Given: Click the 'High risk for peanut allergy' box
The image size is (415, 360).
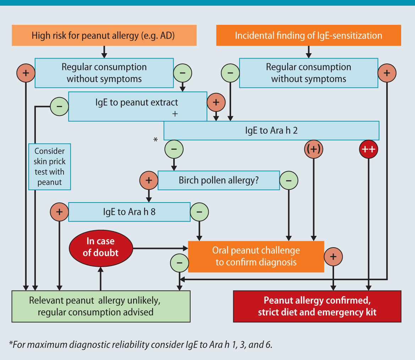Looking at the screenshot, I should pos(104,35).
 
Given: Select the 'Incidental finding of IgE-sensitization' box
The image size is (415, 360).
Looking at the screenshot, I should pos(308,35).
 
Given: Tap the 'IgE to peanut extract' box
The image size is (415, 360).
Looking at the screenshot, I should pos(137,106).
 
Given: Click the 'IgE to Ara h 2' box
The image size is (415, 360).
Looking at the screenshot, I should pos(271,131).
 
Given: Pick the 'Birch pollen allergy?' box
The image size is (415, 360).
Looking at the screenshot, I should pos(218,180).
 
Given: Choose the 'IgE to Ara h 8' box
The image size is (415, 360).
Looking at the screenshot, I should pos(129,212).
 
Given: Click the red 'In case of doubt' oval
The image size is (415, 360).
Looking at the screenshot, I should pos(101,247).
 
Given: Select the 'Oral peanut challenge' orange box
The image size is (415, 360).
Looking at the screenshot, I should pos(256,256).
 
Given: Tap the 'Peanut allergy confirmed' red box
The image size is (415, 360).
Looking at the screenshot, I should pos(317,306).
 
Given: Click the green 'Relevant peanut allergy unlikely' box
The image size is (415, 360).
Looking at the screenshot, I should pos(101,306).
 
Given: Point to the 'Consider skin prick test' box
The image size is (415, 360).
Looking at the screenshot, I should pos(50,167).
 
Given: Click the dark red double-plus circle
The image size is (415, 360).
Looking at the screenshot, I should pos(368,149).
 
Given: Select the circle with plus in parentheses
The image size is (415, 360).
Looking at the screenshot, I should pos(314,149).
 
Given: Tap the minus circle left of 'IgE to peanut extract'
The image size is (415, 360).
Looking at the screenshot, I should pos(59,106).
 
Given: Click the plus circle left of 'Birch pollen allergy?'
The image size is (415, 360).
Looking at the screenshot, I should pos(149,180).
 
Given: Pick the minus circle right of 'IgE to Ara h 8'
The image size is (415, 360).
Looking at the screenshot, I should pos(199,212).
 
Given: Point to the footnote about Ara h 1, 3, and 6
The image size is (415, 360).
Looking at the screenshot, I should pos(141,345).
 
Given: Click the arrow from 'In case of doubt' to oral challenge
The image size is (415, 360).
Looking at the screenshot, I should pos(160,247).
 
